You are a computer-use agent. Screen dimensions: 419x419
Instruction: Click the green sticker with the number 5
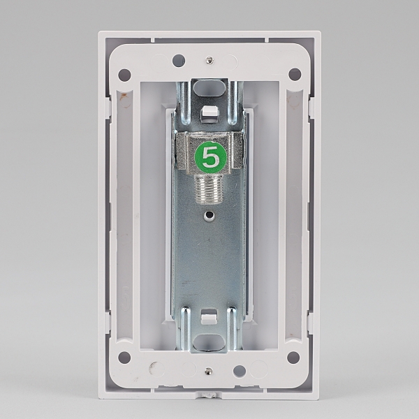click(x=211, y=156)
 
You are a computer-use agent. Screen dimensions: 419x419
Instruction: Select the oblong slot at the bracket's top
click(x=209, y=87)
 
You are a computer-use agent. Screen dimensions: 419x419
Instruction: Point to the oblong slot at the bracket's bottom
click(x=209, y=342)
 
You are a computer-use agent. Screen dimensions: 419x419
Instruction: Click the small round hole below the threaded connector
click(x=210, y=214)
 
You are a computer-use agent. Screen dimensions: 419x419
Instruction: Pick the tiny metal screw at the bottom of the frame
click(x=208, y=371)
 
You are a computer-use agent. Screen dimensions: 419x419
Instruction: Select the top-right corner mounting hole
click(x=295, y=74)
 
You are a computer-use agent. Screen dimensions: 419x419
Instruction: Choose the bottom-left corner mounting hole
click(x=124, y=358)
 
